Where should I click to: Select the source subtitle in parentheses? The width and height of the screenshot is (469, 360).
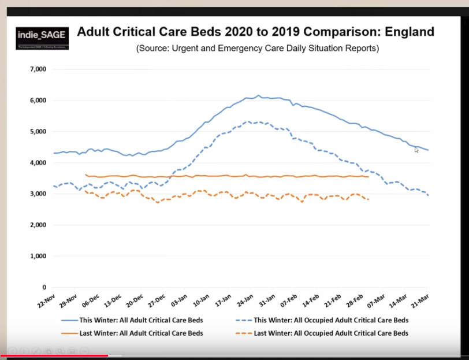pos(258,49)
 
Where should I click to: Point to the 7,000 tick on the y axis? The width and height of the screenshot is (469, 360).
pos(38,69)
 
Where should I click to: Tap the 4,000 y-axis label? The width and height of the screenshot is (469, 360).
pos(38,163)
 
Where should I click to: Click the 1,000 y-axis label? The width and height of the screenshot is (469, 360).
pos(38,256)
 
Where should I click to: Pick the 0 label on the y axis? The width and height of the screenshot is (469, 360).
pos(44,287)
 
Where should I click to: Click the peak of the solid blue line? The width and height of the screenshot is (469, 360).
pos(258,95)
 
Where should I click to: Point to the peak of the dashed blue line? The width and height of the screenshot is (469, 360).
pos(247,122)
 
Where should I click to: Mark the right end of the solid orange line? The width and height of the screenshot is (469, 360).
pos(368,177)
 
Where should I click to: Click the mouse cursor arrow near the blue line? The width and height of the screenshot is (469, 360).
pos(416,150)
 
